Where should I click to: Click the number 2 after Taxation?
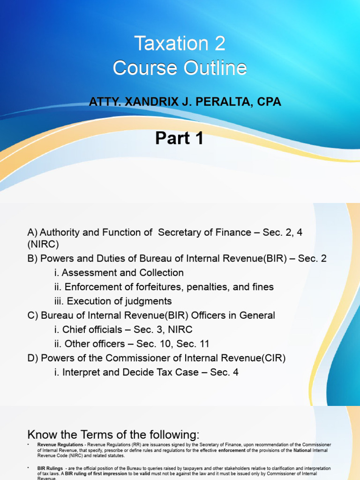point(220,44)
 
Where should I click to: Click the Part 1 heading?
point(180,138)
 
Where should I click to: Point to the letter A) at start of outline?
point(33,232)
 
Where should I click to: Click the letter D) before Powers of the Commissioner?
point(33,359)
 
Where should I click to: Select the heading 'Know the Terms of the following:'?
point(114,434)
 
